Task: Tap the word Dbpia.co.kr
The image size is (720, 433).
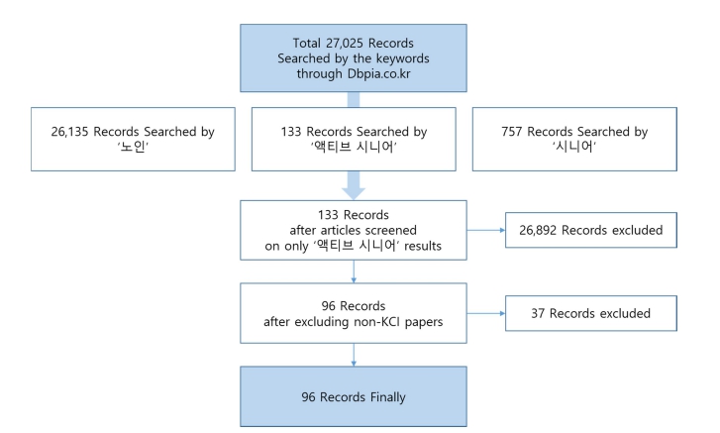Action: (379, 73)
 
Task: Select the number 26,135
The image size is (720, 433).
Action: (69, 132)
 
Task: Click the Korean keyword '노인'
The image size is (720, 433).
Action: (133, 147)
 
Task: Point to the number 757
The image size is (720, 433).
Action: (512, 132)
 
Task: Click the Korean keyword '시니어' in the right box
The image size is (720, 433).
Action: (574, 147)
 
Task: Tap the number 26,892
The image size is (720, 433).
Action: (538, 230)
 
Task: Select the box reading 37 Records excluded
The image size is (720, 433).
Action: (591, 313)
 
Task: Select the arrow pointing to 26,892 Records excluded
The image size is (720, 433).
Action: (486, 230)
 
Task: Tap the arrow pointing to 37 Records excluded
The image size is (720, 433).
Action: (486, 313)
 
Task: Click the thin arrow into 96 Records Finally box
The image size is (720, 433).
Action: (354, 355)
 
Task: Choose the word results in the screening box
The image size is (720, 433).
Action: (423, 246)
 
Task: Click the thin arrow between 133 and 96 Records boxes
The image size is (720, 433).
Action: (354, 271)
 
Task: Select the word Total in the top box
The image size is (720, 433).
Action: (307, 44)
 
